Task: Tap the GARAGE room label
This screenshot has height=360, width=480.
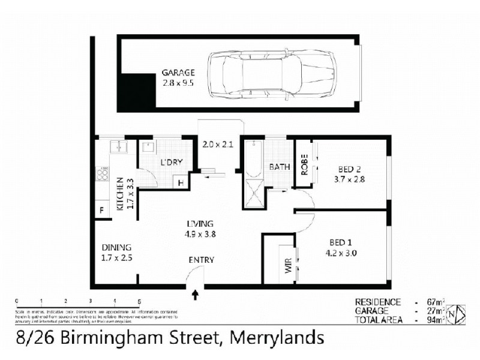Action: click(x=178, y=73)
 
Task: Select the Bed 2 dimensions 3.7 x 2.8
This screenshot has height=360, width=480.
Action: click(x=350, y=179)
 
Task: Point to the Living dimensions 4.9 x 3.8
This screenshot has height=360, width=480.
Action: click(x=200, y=234)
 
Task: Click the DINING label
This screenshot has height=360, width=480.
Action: click(x=116, y=247)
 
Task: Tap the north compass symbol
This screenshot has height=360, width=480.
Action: click(x=458, y=312)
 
